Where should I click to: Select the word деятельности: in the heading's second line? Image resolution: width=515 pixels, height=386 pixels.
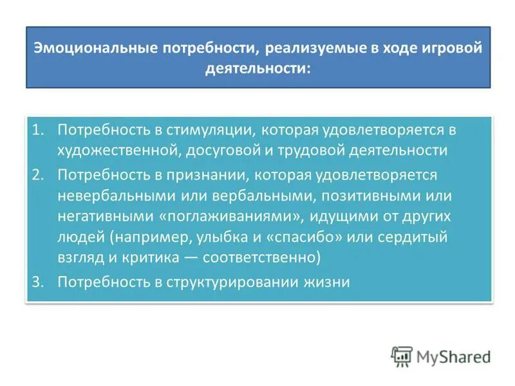[x=257, y=67]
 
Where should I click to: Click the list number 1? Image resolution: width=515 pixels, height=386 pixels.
[x=38, y=130]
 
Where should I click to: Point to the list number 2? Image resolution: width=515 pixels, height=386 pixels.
[x=38, y=175]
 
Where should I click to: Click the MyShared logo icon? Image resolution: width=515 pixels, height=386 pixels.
[x=401, y=356]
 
